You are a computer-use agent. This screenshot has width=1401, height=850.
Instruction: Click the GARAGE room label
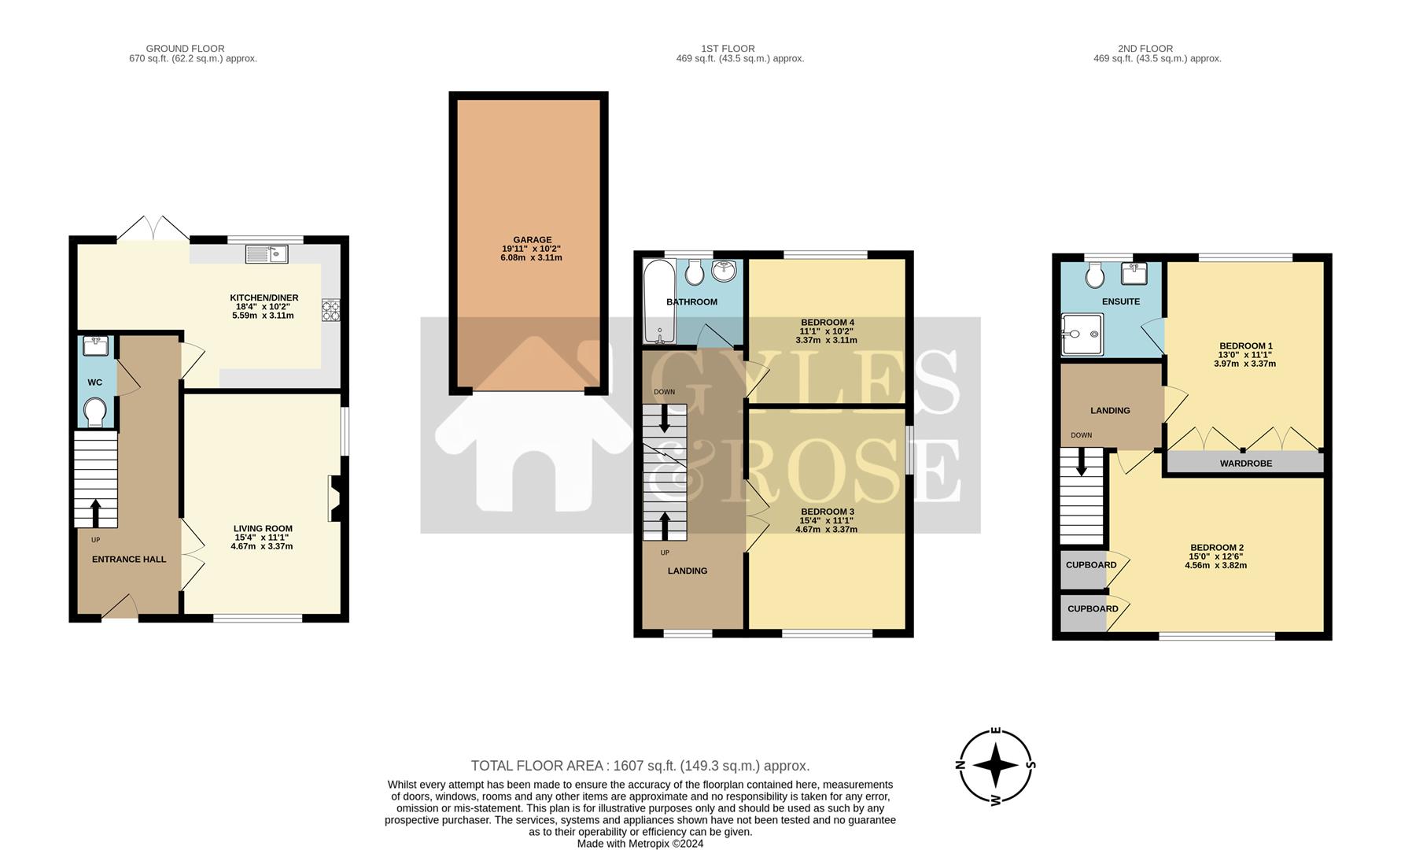coord(532,240)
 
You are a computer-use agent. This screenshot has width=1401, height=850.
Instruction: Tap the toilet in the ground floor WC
coord(95,412)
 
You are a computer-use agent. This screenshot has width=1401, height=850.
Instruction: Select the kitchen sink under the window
coord(267,253)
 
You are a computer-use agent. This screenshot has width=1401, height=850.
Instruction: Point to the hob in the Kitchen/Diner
coord(330,310)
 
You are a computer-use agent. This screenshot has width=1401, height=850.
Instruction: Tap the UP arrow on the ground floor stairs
coord(96,512)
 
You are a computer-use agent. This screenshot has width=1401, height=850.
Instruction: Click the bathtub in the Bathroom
coord(657,303)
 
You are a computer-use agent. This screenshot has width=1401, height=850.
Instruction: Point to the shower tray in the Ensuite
coord(1082,335)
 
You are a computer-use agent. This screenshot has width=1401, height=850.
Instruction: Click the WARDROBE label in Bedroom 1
coord(1245,464)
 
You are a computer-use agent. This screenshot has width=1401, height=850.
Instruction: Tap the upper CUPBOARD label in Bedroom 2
coord(1091,565)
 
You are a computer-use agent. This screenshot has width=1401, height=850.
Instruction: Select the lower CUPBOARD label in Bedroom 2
coord(1093,609)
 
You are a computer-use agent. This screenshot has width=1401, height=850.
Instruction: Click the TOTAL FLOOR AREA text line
coord(640,766)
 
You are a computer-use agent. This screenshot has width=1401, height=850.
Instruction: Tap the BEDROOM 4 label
coord(827,323)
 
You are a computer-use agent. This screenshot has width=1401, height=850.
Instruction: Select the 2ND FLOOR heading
coord(1145,49)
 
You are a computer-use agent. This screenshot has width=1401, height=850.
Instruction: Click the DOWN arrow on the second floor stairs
coord(1082,462)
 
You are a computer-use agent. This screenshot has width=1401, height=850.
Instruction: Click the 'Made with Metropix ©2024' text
coord(640,844)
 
